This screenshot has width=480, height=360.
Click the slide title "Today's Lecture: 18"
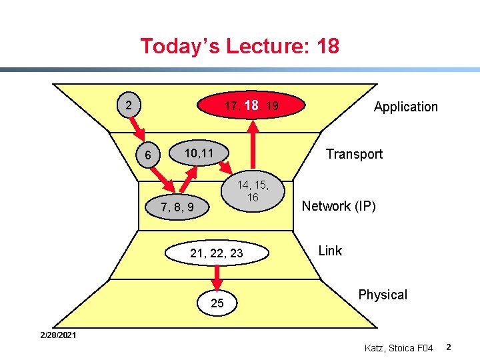tap(239, 46)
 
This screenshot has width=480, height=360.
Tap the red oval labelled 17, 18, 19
tap(251, 105)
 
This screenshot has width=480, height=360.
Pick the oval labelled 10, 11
tap(199, 153)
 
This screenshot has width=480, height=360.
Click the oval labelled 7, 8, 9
tap(177, 207)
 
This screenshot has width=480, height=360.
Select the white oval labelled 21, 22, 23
tap(217, 253)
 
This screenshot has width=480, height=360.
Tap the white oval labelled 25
tap(217, 303)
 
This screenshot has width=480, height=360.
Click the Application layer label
tap(405, 107)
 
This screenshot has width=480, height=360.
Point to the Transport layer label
tap(354, 154)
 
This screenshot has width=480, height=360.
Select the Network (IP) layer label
tap(339, 206)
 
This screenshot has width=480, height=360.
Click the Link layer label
tap(330, 251)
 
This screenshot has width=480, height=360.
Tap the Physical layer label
tap(382, 295)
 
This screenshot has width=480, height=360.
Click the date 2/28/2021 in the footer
tap(57, 335)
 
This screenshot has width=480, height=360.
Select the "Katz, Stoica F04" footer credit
tap(399, 347)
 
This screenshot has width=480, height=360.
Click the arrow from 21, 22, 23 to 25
tap(217, 277)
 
